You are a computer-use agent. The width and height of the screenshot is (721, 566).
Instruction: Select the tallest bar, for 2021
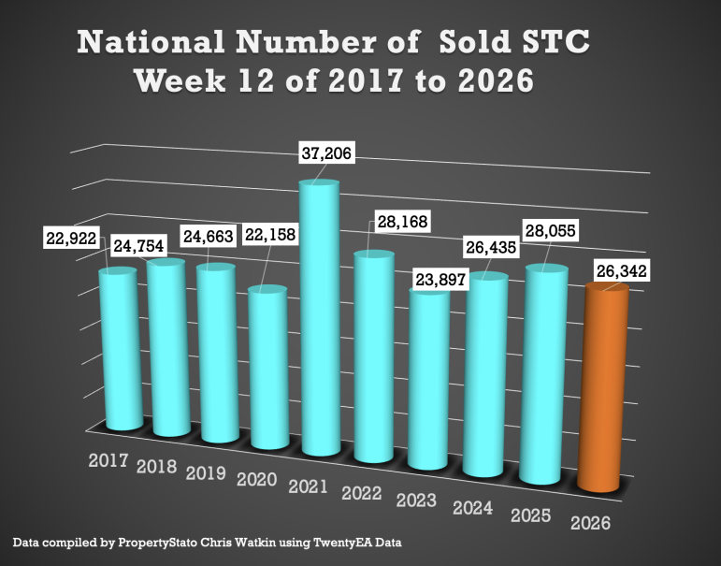(320, 318)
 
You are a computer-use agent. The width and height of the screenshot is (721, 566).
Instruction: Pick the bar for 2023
(430, 379)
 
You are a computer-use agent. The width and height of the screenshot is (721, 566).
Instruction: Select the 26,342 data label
(619, 271)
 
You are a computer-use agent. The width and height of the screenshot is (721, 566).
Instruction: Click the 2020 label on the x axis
(257, 479)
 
